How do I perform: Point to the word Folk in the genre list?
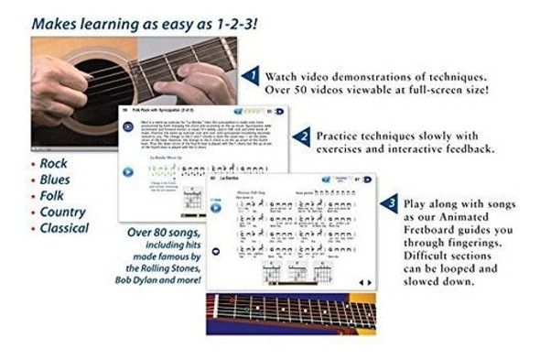pos(53,196)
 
